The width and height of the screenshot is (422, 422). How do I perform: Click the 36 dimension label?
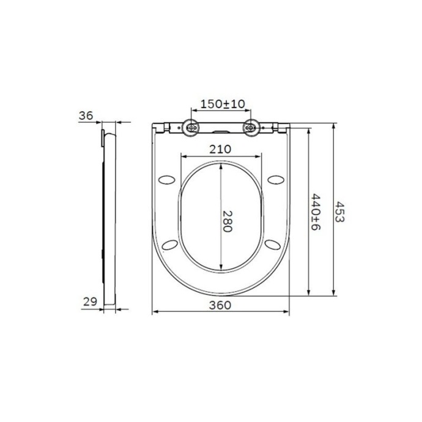[x=86, y=116]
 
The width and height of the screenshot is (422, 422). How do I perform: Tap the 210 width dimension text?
[x=220, y=149]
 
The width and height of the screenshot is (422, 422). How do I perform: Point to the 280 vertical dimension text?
[x=227, y=220]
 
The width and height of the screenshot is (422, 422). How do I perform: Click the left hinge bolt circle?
[x=192, y=128]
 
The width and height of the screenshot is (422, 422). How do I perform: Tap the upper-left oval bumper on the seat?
[x=166, y=179]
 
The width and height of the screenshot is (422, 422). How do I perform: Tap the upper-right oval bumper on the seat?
[x=275, y=179]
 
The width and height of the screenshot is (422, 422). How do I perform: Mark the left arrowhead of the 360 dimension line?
[x=154, y=313]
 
